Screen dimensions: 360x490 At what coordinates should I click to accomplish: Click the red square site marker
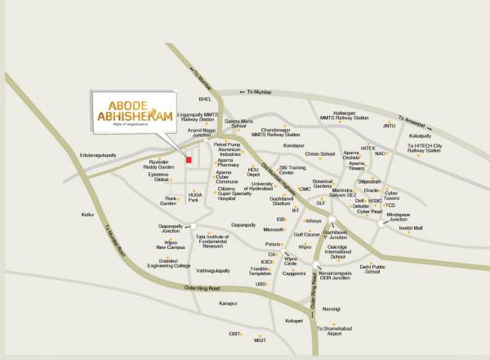[189, 160]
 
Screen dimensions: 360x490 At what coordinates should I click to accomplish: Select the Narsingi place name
[330, 309]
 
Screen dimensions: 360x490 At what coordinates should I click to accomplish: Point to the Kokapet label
[294, 322]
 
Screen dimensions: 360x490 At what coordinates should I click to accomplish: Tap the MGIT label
[261, 341]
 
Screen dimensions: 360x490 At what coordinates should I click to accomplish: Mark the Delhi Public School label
[372, 269]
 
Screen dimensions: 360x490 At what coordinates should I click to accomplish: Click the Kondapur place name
[293, 145]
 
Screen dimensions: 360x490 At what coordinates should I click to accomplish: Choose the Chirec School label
[320, 153]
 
